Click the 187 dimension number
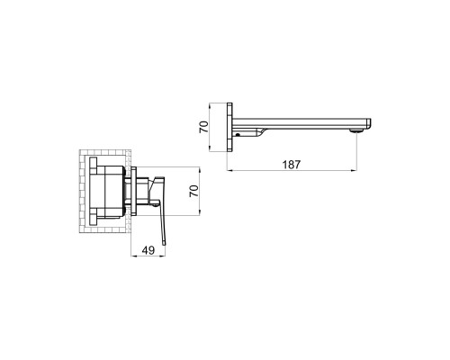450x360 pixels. pos(291,165)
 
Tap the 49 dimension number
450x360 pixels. pos(148,250)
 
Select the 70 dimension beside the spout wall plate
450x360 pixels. pos(203,127)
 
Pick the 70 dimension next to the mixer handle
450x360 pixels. pos(194,191)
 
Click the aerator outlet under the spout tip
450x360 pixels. pos(356,130)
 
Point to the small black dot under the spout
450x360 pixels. pos(238,135)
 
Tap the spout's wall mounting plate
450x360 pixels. pos(229,127)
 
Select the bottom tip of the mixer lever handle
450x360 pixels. pos(164,244)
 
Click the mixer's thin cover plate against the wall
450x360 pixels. pos(134,191)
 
